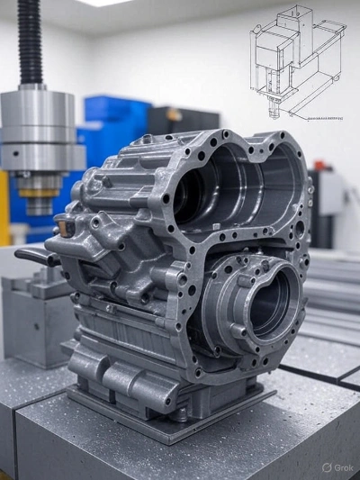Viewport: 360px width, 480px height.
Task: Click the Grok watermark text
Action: click(x=344, y=467)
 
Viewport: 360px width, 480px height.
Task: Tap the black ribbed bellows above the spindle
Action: click(x=30, y=42)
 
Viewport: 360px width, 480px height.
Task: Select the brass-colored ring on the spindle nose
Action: click(x=39, y=193)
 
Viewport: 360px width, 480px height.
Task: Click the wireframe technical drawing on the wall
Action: click(x=298, y=62)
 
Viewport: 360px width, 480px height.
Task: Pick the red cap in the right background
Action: click(x=319, y=165)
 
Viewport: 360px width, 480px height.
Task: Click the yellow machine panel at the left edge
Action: click(x=4, y=208)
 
